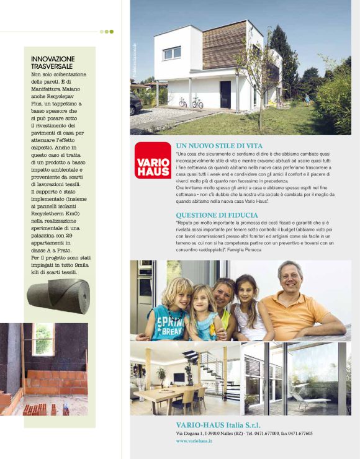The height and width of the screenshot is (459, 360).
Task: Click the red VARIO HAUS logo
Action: pyautogui.click(x=153, y=160)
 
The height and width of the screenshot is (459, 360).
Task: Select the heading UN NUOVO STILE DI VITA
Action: pyautogui.click(x=219, y=145)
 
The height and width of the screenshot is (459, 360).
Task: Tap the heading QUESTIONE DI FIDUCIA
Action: pyautogui.click(x=214, y=215)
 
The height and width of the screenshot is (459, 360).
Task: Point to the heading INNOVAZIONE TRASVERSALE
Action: pyautogui.click(x=53, y=63)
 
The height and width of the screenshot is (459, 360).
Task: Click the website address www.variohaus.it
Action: pyautogui.click(x=194, y=440)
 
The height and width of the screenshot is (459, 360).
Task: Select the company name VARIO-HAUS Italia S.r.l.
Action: pyautogui.click(x=218, y=424)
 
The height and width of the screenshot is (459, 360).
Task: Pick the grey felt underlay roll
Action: pyautogui.click(x=58, y=296)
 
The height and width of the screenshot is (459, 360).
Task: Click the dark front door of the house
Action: pyautogui.click(x=225, y=94)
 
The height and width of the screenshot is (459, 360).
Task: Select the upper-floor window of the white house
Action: pyautogui.click(x=172, y=53)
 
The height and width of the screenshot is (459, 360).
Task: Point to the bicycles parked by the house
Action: pyautogui.click(x=191, y=102)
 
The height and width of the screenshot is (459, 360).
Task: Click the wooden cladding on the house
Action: pyautogui.click(x=224, y=45)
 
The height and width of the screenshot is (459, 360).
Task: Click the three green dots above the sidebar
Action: pyautogui.click(x=107, y=31)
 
